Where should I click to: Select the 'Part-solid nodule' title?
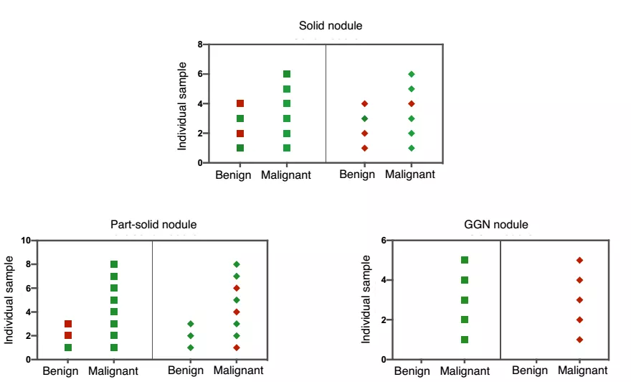point(153,225)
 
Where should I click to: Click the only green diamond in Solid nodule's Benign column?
point(364,118)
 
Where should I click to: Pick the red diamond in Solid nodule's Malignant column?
point(411,103)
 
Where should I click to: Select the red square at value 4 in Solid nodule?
point(240,103)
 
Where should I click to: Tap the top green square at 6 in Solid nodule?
point(287,74)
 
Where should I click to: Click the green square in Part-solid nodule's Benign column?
point(68,348)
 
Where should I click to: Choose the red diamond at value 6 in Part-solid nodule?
point(237,288)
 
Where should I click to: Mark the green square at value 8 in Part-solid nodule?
point(114,264)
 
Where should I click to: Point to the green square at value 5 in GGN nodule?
point(464,260)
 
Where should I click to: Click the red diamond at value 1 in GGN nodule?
point(579,340)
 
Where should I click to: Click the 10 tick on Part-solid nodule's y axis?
point(27,241)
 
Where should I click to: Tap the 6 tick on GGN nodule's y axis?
point(384,240)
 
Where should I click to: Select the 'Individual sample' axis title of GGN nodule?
point(366,299)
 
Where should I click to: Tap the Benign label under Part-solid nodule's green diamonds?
point(186,371)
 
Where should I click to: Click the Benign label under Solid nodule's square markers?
point(234,175)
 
